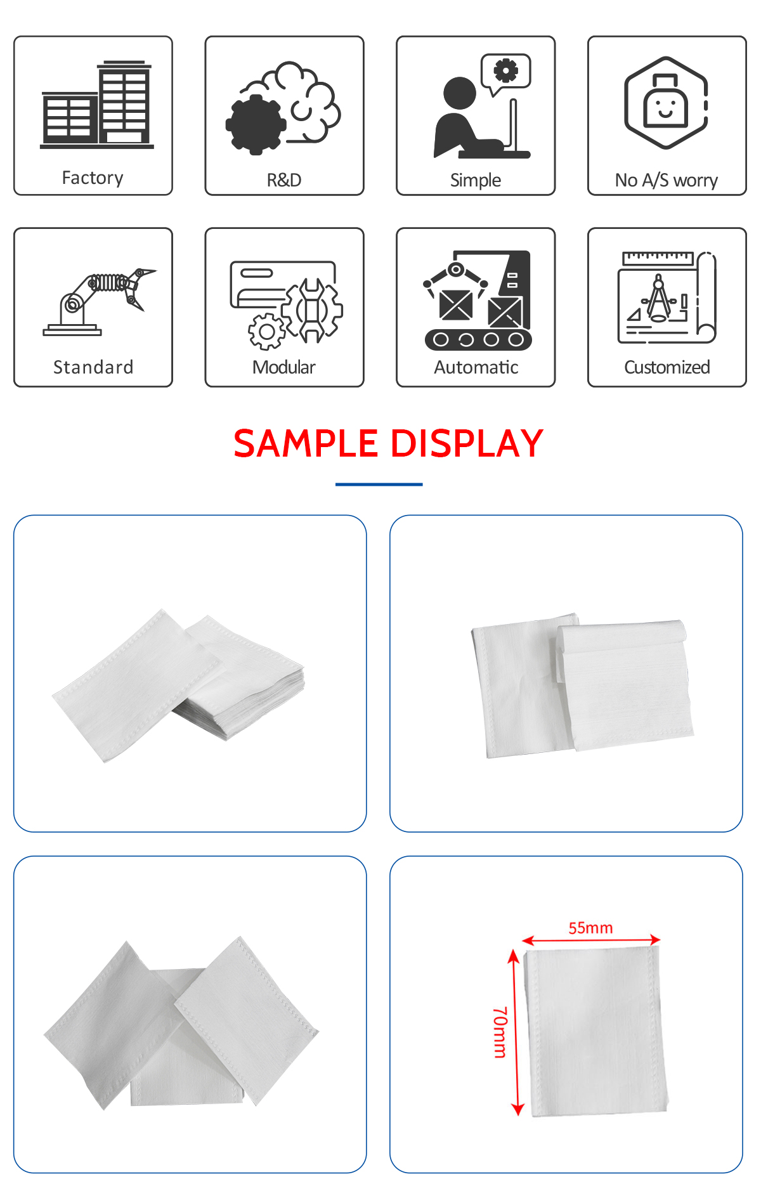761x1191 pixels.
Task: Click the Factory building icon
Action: click(x=96, y=105)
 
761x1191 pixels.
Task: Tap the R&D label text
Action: click(x=284, y=180)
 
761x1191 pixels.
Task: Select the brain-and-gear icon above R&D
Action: click(x=283, y=108)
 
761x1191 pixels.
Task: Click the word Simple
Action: click(x=476, y=181)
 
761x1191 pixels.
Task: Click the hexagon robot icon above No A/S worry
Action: click(x=666, y=103)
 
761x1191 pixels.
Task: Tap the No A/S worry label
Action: click(x=667, y=181)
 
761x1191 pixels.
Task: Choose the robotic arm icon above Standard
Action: click(x=100, y=301)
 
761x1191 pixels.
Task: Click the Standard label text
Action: click(x=93, y=367)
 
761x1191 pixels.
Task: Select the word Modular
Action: click(x=284, y=367)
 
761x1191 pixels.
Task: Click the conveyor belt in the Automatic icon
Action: click(x=478, y=339)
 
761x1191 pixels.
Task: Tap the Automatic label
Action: click(x=476, y=367)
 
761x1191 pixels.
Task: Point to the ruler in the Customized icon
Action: click(x=658, y=257)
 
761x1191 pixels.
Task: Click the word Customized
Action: click(x=667, y=367)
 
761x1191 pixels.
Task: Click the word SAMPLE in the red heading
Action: click(x=306, y=443)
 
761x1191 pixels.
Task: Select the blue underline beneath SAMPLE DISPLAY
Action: click(x=379, y=485)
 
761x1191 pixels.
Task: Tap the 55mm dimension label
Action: click(x=590, y=928)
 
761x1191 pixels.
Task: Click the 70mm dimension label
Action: click(x=500, y=1032)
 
